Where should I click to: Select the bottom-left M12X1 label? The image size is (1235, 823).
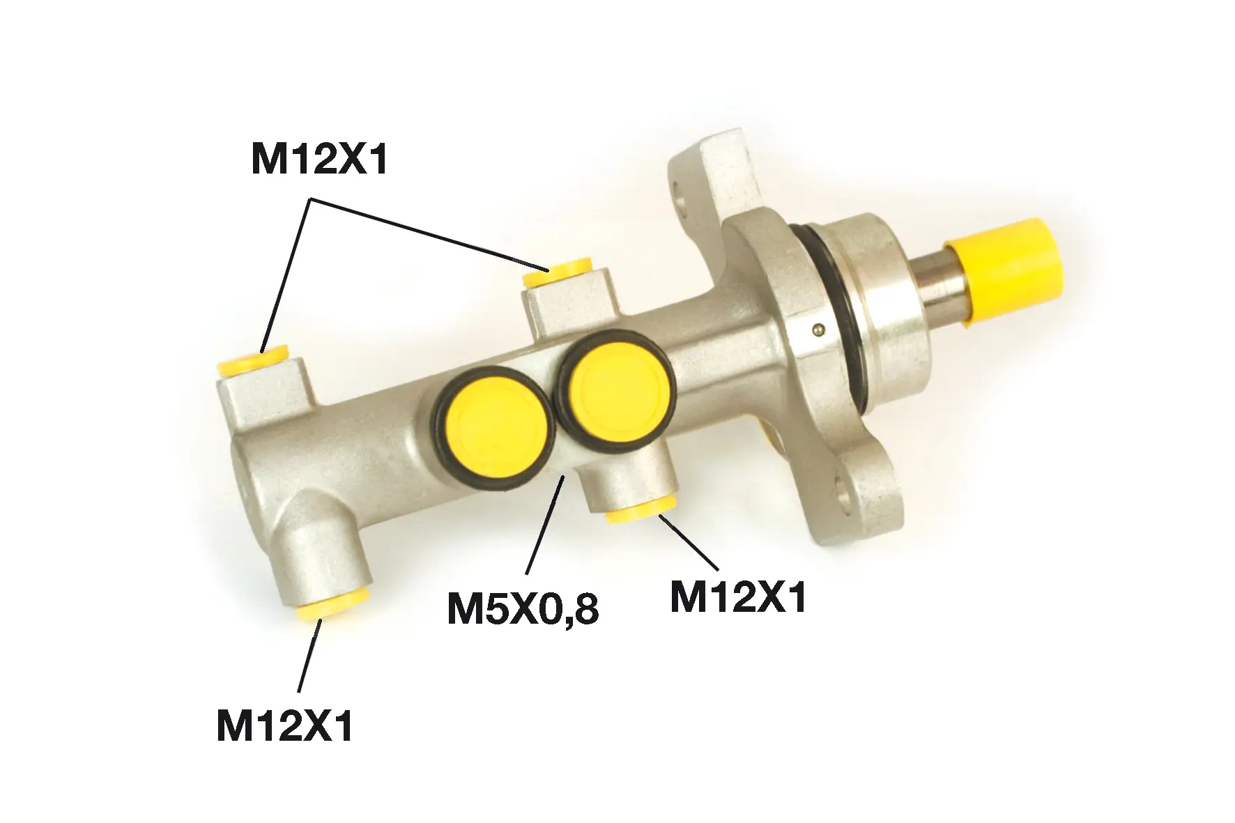(x=285, y=726)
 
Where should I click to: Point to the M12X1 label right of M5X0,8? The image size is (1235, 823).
(x=737, y=597)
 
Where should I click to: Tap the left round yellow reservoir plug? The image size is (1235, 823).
(x=497, y=436)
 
